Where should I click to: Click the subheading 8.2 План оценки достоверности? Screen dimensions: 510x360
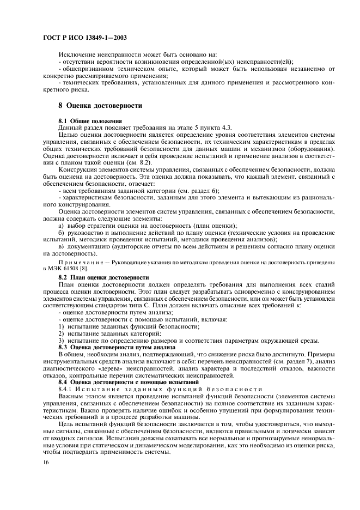coord(103,277)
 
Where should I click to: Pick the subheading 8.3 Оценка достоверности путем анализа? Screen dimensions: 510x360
coord(117,347)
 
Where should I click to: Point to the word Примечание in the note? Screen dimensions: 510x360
coord(79,263)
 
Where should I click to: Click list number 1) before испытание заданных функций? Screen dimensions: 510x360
coord(61,326)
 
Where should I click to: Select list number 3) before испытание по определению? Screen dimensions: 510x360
coord(61,340)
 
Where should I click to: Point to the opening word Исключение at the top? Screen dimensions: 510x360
coord(76,54)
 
